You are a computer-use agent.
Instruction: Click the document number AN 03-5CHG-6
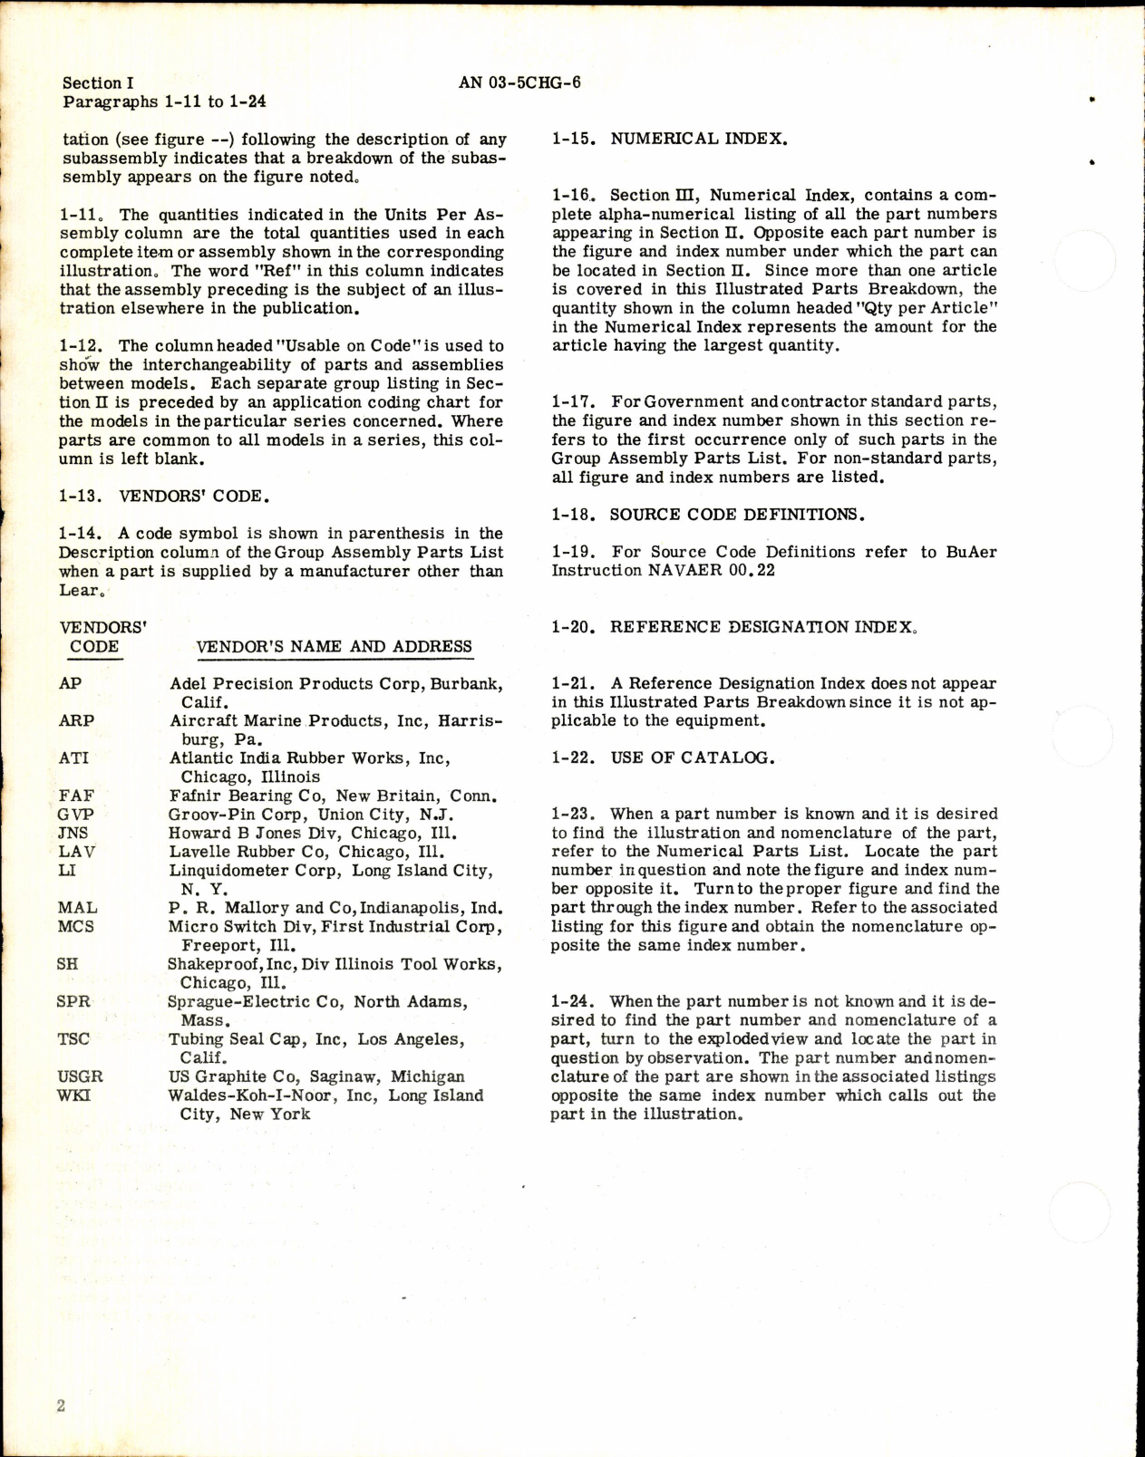point(519,82)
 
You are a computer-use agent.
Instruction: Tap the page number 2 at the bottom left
point(61,1406)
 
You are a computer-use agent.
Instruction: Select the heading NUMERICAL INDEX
point(698,140)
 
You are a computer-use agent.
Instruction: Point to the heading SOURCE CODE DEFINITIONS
point(736,515)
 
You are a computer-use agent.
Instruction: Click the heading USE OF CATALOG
point(692,757)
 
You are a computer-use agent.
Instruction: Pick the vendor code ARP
point(76,721)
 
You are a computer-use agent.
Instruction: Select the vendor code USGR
point(80,1076)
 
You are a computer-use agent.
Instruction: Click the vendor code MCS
point(75,927)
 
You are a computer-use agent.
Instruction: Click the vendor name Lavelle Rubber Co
point(249,852)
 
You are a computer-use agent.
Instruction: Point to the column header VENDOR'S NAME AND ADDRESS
point(334,647)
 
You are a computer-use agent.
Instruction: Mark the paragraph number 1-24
point(573,1001)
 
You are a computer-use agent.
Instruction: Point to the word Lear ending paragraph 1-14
point(78,591)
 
